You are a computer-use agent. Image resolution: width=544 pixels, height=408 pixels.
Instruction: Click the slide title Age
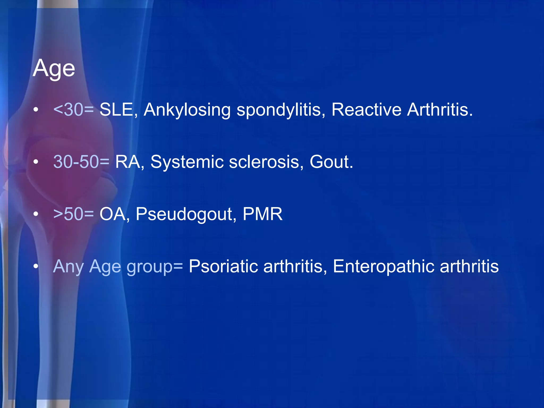pos(54,69)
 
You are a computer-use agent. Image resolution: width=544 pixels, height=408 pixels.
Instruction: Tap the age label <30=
pos(74,110)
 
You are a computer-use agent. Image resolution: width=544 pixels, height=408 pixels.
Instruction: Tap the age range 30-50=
pos(81,162)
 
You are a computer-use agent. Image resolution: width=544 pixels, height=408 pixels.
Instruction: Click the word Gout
pos(331,162)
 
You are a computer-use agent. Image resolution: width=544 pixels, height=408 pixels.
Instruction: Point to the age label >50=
pos(74,214)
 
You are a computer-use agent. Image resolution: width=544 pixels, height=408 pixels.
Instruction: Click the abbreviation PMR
pos(262,214)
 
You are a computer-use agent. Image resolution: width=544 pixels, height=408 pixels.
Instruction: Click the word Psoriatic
pos(223,266)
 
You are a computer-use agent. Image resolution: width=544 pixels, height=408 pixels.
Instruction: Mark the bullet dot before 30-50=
pos(36,162)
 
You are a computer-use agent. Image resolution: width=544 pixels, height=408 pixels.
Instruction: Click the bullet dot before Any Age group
pos(36,266)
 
